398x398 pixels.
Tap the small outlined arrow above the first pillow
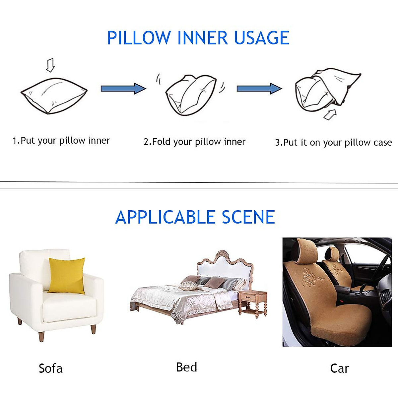click(x=50, y=65)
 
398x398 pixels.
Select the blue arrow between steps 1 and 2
click(x=123, y=89)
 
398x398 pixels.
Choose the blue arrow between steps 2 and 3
click(x=259, y=89)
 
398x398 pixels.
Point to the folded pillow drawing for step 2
click(x=191, y=95)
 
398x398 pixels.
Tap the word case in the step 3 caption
click(x=382, y=143)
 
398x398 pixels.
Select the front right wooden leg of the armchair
click(x=93, y=329)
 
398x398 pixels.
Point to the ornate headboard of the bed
click(x=226, y=265)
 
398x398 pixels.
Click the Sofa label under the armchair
click(x=50, y=368)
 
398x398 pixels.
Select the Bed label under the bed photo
click(x=186, y=367)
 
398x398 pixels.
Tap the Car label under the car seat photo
click(x=340, y=368)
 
